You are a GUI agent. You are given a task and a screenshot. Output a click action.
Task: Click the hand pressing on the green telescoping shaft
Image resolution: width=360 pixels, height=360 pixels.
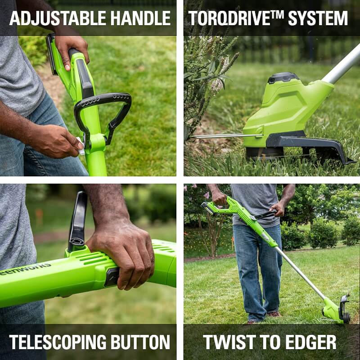coord(121,256)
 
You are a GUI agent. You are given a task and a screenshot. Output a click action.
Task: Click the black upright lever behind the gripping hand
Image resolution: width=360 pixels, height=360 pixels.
coord(78,220)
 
